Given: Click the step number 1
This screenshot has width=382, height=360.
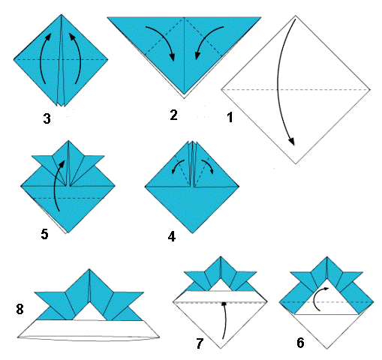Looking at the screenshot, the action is pyautogui.click(x=230, y=117).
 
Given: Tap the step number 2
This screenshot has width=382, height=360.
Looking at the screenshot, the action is pyautogui.click(x=173, y=115).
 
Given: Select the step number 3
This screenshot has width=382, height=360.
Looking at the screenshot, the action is pyautogui.click(x=47, y=118).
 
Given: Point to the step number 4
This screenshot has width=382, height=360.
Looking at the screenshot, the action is pyautogui.click(x=172, y=236).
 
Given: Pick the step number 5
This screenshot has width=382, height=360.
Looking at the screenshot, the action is pyautogui.click(x=44, y=234).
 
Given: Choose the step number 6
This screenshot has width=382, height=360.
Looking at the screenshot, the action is pyautogui.click(x=300, y=343).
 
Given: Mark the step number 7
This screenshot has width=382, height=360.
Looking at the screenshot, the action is pyautogui.click(x=200, y=343).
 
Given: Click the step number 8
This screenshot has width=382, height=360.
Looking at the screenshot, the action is pyautogui.click(x=20, y=309).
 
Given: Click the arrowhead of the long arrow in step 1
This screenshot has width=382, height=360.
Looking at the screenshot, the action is pyautogui.click(x=292, y=142).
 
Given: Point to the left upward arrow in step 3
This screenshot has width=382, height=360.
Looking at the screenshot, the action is pyautogui.click(x=42, y=58).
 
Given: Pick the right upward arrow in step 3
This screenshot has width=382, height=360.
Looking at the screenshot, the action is pyautogui.click(x=80, y=58).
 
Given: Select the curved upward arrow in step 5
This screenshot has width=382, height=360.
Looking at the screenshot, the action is pyautogui.click(x=56, y=185).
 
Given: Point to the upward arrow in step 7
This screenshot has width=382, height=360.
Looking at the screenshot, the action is pyautogui.click(x=225, y=320).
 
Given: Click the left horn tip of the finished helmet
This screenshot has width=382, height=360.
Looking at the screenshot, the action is pyautogui.click(x=35, y=292).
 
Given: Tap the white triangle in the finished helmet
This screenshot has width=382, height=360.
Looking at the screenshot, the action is pyautogui.click(x=89, y=313).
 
